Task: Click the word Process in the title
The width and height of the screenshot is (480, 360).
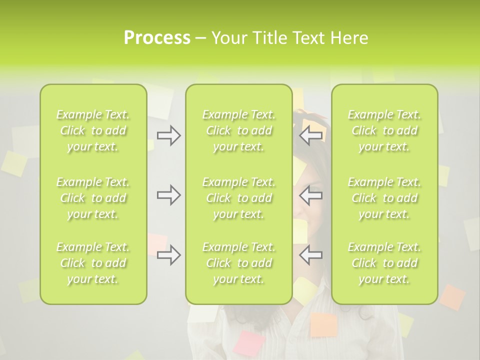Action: coord(157,38)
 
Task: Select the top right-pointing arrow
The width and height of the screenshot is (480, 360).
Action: coord(168,135)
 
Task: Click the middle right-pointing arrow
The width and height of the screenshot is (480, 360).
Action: coord(168,195)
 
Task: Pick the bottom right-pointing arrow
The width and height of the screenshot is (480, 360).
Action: coord(168,255)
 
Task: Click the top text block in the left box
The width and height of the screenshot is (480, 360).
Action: coord(93,130)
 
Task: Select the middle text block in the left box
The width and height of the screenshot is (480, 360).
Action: coord(93,198)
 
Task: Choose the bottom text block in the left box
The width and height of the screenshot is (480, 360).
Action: coord(93,263)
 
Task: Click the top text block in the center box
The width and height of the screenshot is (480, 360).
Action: coord(238,130)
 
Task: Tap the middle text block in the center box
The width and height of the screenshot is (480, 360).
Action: coord(238,198)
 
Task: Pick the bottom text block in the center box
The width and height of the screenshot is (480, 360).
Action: coord(238,263)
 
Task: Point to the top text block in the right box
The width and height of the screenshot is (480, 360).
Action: coord(384,130)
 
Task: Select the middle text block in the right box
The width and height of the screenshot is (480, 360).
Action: coord(384,198)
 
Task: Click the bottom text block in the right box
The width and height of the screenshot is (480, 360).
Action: coord(384,263)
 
